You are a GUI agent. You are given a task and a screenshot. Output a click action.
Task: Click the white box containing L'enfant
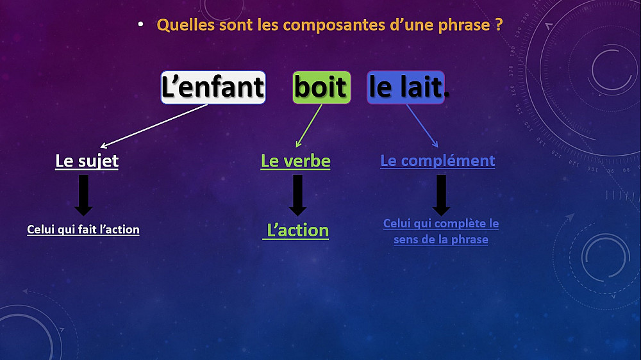pyautogui.click(x=213, y=88)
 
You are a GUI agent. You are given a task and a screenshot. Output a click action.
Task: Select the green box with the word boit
pyautogui.click(x=321, y=88)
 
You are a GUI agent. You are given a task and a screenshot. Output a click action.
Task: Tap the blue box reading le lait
pyautogui.click(x=406, y=88)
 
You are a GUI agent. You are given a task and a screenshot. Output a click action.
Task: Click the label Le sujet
pyautogui.click(x=87, y=161)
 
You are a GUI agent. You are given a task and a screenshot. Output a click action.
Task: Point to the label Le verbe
pyautogui.click(x=296, y=161)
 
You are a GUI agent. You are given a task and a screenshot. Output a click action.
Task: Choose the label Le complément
pyautogui.click(x=437, y=161)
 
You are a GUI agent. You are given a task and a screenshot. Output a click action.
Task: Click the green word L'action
pyautogui.click(x=297, y=231)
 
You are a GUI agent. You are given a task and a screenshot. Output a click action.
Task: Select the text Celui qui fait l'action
pyautogui.click(x=83, y=229)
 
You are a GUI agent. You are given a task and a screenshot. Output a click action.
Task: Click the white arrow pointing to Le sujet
pyautogui.click(x=154, y=126)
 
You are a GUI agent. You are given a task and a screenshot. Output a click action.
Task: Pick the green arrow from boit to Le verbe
pyautogui.click(x=309, y=126)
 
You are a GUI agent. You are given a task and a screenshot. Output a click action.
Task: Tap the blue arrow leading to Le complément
pyautogui.click(x=422, y=126)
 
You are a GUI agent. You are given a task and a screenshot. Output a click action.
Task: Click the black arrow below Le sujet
pyautogui.click(x=83, y=195)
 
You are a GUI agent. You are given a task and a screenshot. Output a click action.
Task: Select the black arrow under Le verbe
pyautogui.click(x=297, y=195)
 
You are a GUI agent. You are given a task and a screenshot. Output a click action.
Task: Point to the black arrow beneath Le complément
pyautogui.click(x=441, y=195)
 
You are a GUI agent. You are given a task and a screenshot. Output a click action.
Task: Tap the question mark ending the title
pyautogui.click(x=499, y=25)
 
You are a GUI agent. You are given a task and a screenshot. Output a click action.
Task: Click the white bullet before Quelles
pyautogui.click(x=140, y=25)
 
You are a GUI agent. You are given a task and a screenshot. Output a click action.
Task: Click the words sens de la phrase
pyautogui.click(x=441, y=239)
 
